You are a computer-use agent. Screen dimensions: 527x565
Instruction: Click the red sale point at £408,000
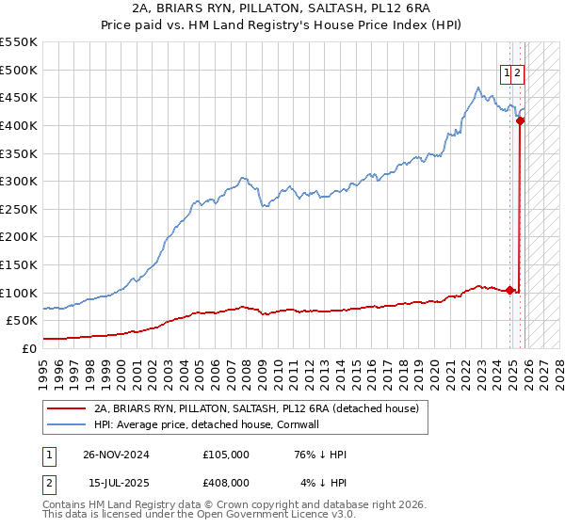tap(520, 120)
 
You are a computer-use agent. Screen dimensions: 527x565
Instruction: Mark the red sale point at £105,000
tap(510, 290)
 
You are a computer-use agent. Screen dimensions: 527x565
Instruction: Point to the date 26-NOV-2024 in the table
tap(116, 455)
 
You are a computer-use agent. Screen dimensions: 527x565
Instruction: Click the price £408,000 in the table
tap(225, 483)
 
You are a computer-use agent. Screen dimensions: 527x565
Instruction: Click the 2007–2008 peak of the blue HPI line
tap(242, 177)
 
